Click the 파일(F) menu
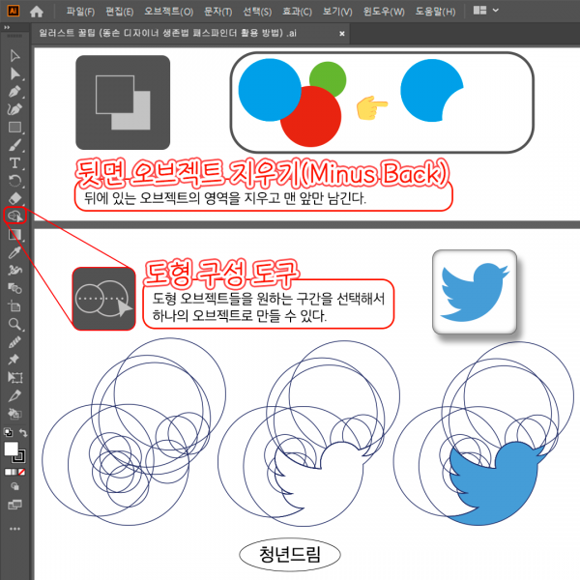(80, 12)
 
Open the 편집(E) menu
(119, 12)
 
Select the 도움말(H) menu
(435, 12)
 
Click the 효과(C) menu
(297, 12)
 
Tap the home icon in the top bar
(37, 12)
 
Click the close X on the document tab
(342, 34)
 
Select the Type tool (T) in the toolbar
(14, 163)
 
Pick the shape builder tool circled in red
(14, 216)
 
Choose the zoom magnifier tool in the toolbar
(14, 325)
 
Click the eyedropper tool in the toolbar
(14, 252)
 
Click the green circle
(328, 79)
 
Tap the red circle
(310, 117)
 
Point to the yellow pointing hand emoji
(372, 107)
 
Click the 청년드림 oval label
(290, 555)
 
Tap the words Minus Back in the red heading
(375, 173)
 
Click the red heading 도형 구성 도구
(220, 275)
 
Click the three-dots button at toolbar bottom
(14, 529)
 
